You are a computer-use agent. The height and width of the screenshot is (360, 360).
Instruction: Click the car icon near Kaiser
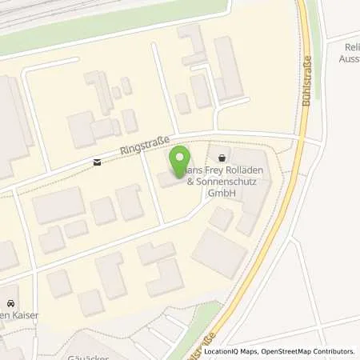(x=10, y=303)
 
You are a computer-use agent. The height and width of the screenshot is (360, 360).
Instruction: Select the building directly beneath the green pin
(x=170, y=178)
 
